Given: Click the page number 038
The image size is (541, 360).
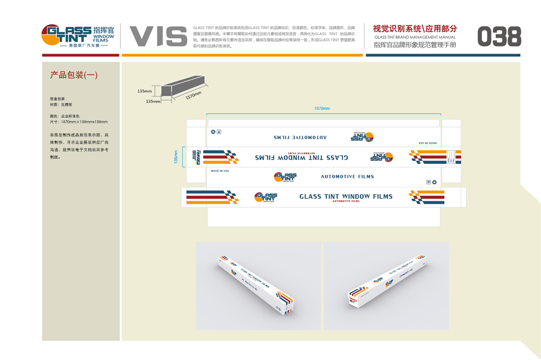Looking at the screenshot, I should coord(499,36).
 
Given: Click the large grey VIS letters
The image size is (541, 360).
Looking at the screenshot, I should coord(158,36).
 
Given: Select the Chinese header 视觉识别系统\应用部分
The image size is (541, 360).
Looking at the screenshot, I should coord(415,28).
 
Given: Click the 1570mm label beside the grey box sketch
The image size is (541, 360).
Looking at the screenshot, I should coord(193,95).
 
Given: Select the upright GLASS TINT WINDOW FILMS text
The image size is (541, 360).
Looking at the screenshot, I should coord(346,196).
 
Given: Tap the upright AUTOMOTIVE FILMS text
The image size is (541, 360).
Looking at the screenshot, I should coord(347,177).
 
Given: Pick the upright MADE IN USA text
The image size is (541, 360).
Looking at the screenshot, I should coord(220,171).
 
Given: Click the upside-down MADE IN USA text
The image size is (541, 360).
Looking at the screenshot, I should coord(427,143).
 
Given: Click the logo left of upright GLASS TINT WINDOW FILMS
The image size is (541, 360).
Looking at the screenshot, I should coord(266,197).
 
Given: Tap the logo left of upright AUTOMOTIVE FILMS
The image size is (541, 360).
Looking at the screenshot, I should coord(285,177).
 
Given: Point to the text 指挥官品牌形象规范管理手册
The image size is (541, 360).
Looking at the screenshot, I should coord(415,45).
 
